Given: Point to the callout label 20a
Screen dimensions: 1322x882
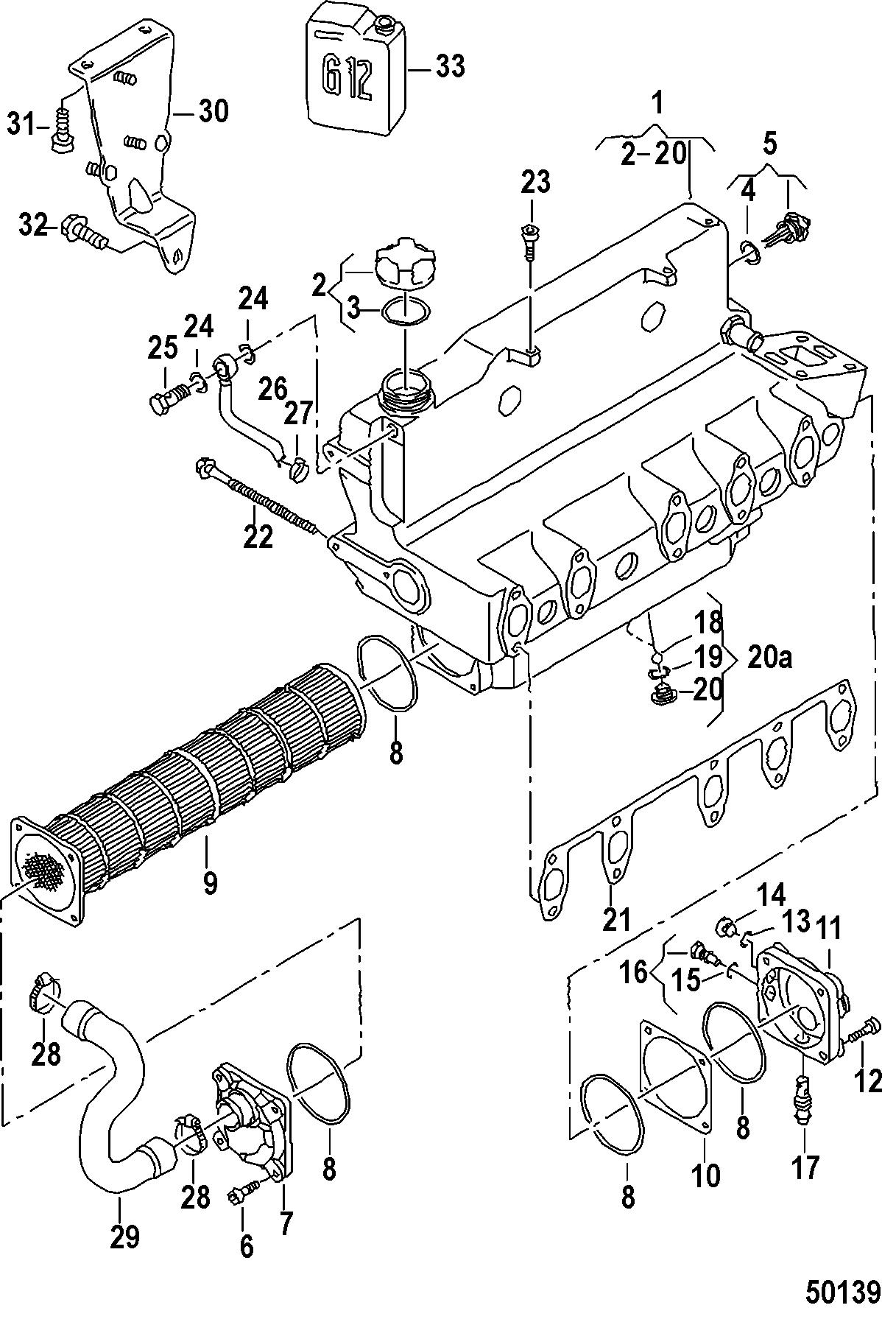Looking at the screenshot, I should [769, 658].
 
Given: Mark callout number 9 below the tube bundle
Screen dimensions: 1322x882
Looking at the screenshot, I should [210, 882].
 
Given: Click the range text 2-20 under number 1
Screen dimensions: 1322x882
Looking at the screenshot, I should [654, 156].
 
